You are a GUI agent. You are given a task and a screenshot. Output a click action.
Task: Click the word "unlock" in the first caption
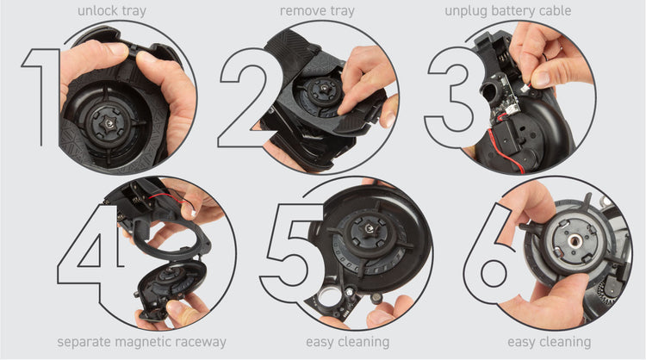click(x=95, y=10)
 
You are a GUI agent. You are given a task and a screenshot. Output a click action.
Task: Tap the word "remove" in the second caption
click(x=299, y=10)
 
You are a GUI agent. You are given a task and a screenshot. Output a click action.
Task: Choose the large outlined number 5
click(x=293, y=253)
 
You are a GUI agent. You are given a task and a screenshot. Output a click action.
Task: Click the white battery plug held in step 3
click(x=525, y=86)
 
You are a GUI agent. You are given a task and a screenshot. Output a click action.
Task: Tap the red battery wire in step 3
click(x=504, y=146)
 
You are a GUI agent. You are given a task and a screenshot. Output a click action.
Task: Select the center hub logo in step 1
click(x=110, y=122)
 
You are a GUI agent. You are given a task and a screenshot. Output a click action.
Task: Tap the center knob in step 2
click(x=322, y=90)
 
